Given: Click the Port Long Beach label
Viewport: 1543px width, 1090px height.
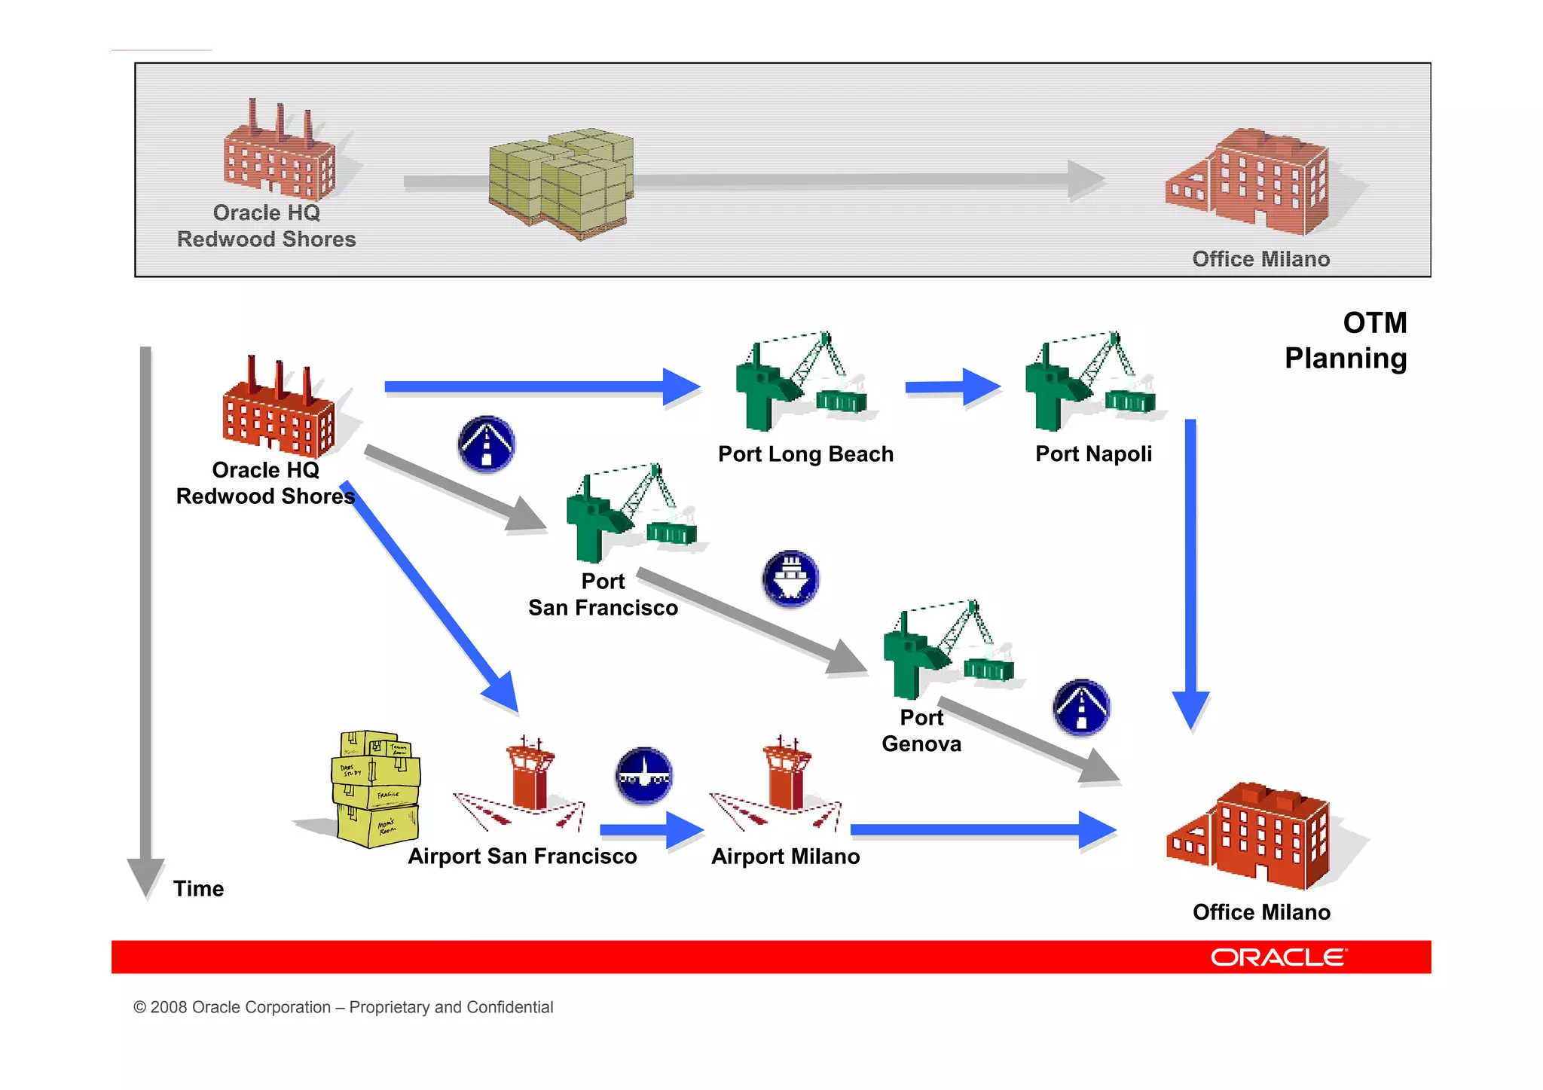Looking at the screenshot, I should tap(805, 454).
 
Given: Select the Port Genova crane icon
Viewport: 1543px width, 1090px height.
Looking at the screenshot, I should tap(949, 651).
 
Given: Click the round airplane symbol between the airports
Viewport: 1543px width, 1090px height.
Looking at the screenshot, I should tap(644, 776).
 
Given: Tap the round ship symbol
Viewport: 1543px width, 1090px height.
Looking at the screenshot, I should tap(790, 579).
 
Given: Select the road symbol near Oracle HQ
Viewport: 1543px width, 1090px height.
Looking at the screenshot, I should tap(487, 444).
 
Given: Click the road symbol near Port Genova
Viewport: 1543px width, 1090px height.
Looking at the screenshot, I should tap(1081, 708).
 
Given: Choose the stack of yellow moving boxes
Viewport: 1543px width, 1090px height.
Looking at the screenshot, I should tap(375, 789).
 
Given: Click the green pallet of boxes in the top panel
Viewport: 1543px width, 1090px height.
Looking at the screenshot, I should tap(561, 183).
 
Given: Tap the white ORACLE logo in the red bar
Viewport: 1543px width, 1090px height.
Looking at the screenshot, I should tap(1279, 957).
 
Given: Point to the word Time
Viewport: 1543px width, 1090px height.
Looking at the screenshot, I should tap(198, 889).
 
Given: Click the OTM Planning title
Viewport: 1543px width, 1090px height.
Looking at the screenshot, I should tap(1346, 340).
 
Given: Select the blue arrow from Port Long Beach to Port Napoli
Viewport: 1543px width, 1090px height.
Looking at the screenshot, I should tap(952, 387).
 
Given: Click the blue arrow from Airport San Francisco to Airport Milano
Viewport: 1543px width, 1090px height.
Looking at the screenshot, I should tap(651, 830).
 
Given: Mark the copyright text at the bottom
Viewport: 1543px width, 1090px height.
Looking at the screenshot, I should tap(343, 1007).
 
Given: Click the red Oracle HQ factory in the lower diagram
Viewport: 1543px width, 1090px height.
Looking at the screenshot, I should tap(278, 411).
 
